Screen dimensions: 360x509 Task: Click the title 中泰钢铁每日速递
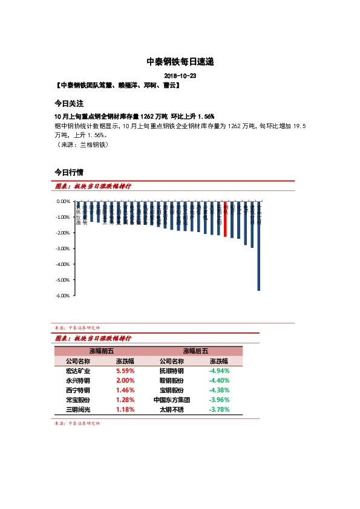[x=180, y=62]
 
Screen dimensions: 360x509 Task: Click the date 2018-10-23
[x=180, y=77]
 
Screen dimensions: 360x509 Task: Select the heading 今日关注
[x=68, y=103]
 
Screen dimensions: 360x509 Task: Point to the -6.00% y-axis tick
[x=63, y=296]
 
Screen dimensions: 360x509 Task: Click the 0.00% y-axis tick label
[x=64, y=201]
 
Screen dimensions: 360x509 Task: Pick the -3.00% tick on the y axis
[x=63, y=248]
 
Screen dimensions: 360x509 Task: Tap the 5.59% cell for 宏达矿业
[x=125, y=371]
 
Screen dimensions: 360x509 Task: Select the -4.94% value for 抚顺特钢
[x=218, y=371]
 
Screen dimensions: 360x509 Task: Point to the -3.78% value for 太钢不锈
[x=218, y=409]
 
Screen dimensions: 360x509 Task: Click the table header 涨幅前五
[x=101, y=351]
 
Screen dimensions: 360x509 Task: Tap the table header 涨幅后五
[x=195, y=351]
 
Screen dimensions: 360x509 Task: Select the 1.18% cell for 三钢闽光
[x=125, y=409]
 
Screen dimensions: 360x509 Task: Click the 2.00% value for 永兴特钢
[x=125, y=380]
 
